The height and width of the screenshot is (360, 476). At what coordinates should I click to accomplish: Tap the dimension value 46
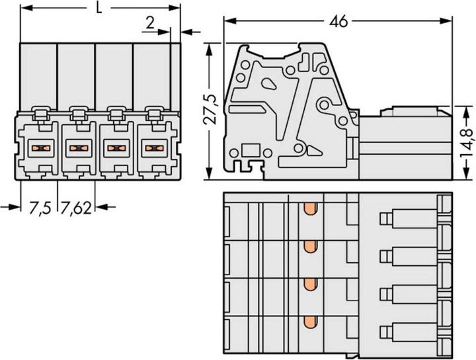pyautogui.click(x=338, y=21)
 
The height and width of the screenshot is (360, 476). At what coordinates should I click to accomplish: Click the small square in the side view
pyautogui.click(x=250, y=149)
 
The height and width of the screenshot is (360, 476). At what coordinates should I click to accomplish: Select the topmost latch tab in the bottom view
pyautogui.click(x=384, y=218)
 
